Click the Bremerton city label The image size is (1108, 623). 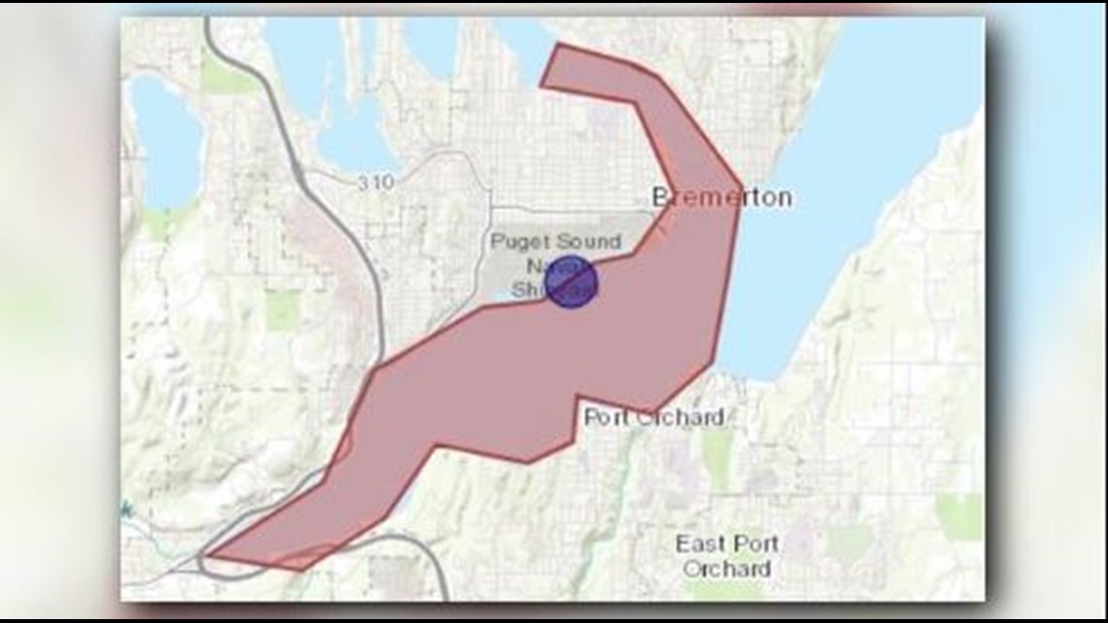(x=722, y=197)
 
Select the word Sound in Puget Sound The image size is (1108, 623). (x=589, y=242)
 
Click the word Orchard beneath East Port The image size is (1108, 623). (x=727, y=569)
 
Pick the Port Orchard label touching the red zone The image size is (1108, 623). (x=653, y=418)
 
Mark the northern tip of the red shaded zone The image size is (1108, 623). (x=558, y=45)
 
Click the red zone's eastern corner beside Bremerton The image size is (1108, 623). (x=742, y=187)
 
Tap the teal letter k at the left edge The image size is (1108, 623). (x=127, y=508)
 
